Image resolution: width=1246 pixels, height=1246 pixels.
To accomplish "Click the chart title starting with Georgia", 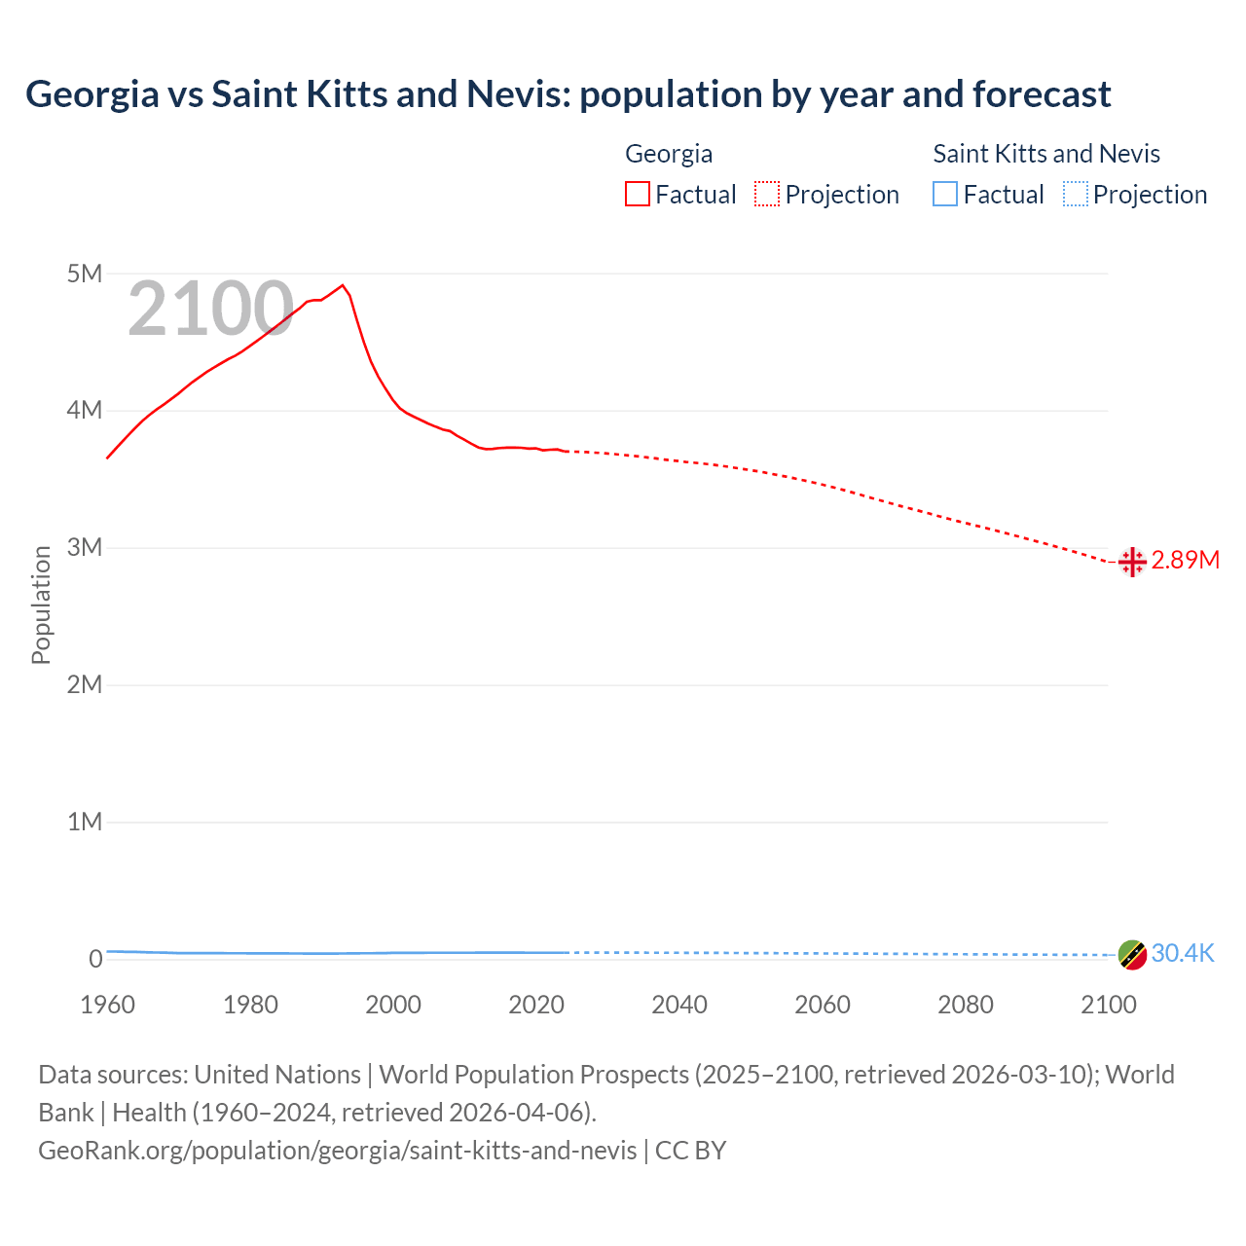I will [568, 94].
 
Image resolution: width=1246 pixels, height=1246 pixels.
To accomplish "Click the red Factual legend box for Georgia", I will [638, 195].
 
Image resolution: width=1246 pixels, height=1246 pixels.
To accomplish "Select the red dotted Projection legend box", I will [767, 195].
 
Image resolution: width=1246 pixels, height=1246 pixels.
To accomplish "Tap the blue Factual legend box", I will [945, 195].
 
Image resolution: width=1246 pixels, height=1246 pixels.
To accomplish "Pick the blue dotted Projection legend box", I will [1076, 195].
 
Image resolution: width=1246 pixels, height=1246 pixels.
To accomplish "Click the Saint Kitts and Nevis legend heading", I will [1046, 154].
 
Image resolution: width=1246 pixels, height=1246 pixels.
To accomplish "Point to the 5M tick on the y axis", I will [85, 274].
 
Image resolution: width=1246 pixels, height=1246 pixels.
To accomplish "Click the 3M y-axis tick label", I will [85, 547].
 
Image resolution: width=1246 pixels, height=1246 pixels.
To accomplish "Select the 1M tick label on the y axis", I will [85, 822].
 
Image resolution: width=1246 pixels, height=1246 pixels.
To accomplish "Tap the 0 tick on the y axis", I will [95, 959].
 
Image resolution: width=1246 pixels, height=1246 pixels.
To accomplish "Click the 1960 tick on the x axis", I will [107, 1005].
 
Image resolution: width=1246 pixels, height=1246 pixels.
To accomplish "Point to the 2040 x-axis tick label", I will [679, 1005].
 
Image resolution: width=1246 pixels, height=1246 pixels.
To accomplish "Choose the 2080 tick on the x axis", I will [966, 1005].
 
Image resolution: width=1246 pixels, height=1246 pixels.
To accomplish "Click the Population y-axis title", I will [41, 605].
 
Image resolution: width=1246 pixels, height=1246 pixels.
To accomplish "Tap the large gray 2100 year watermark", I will [210, 310].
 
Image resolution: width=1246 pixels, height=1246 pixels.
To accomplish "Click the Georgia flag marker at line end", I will [1132, 562].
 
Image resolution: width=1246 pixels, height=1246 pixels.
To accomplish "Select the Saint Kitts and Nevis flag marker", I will [1132, 955].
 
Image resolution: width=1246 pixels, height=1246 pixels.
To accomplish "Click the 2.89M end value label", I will [1185, 561].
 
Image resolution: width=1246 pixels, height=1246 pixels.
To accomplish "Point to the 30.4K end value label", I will [1183, 954].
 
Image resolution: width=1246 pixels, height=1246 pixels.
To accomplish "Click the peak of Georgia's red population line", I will [343, 285].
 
